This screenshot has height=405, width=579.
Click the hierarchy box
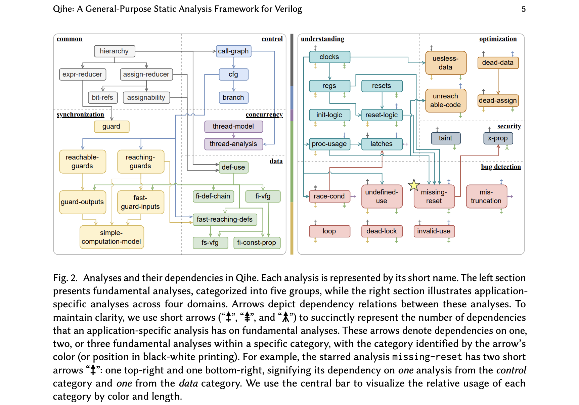[114, 51]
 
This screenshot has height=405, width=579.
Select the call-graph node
[233, 51]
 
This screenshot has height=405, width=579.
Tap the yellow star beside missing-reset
[414, 185]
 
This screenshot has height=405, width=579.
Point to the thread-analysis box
[233, 144]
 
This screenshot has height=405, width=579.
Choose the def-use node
[233, 167]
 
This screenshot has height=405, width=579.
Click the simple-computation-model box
[112, 237]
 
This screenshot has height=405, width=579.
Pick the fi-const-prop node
[256, 242]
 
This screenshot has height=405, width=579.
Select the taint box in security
[445, 138]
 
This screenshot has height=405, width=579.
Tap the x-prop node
[498, 138]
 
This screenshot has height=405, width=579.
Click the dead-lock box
[382, 231]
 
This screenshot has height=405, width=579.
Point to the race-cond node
[329, 196]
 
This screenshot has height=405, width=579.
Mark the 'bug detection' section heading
[501, 167]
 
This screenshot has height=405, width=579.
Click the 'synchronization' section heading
[80, 115]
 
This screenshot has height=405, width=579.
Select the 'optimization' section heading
[498, 39]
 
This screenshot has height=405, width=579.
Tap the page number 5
[523, 9]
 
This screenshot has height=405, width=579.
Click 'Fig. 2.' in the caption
[65, 278]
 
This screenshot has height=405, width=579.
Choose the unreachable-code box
[445, 100]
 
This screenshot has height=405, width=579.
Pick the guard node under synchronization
[111, 126]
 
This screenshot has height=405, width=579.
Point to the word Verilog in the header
[288, 9]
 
